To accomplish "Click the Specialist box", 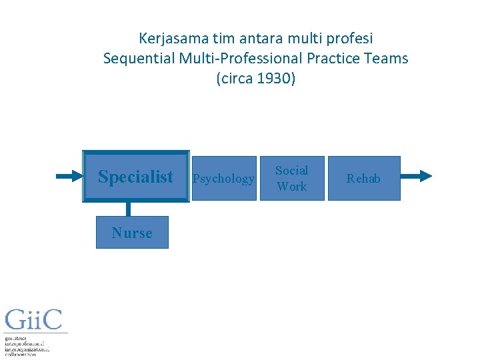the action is pyautogui.click(x=135, y=177).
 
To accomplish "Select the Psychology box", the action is pyautogui.click(x=223, y=178).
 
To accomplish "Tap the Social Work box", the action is pyautogui.click(x=291, y=178).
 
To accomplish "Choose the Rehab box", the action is pyautogui.click(x=363, y=178).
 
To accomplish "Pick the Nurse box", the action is pyautogui.click(x=132, y=233).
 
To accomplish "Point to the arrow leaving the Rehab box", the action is pyautogui.click(x=416, y=176).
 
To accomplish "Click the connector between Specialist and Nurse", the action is pyautogui.click(x=128, y=209).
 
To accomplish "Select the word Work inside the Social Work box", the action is pyautogui.click(x=291, y=187).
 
